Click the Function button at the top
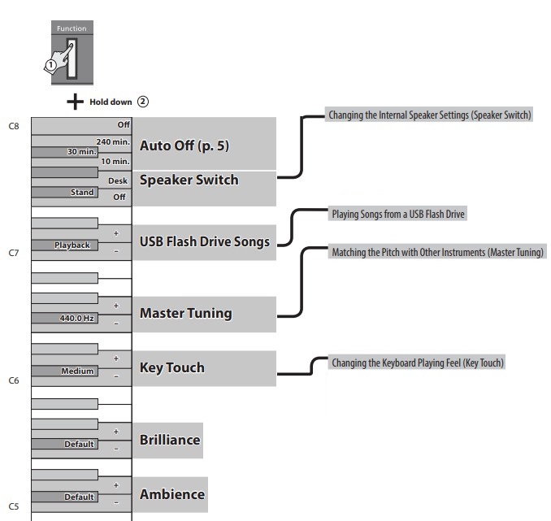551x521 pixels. [72, 54]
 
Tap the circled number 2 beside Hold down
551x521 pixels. [143, 102]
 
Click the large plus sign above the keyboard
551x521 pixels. [75, 102]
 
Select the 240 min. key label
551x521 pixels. [113, 142]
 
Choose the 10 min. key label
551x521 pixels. [115, 162]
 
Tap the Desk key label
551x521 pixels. [118, 180]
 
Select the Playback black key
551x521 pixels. [72, 245]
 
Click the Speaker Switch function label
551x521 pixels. [189, 180]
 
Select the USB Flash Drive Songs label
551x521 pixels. [205, 241]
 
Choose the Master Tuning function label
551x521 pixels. [185, 313]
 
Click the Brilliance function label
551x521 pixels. [169, 440]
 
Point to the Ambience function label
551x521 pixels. [171, 494]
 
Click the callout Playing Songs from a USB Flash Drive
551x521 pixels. [398, 215]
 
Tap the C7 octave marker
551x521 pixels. [14, 254]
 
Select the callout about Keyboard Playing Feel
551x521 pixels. [418, 363]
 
